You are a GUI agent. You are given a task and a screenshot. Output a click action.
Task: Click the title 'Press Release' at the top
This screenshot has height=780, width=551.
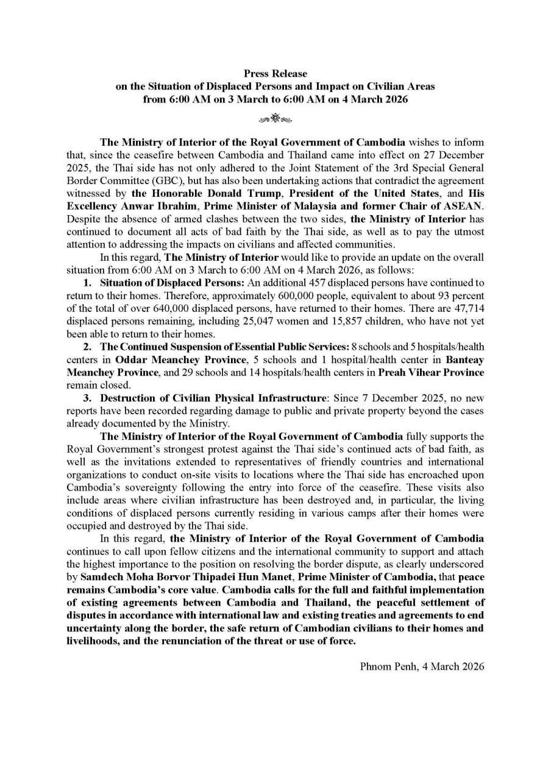click(275, 74)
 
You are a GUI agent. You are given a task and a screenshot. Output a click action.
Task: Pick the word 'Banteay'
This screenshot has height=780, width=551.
click(465, 360)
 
